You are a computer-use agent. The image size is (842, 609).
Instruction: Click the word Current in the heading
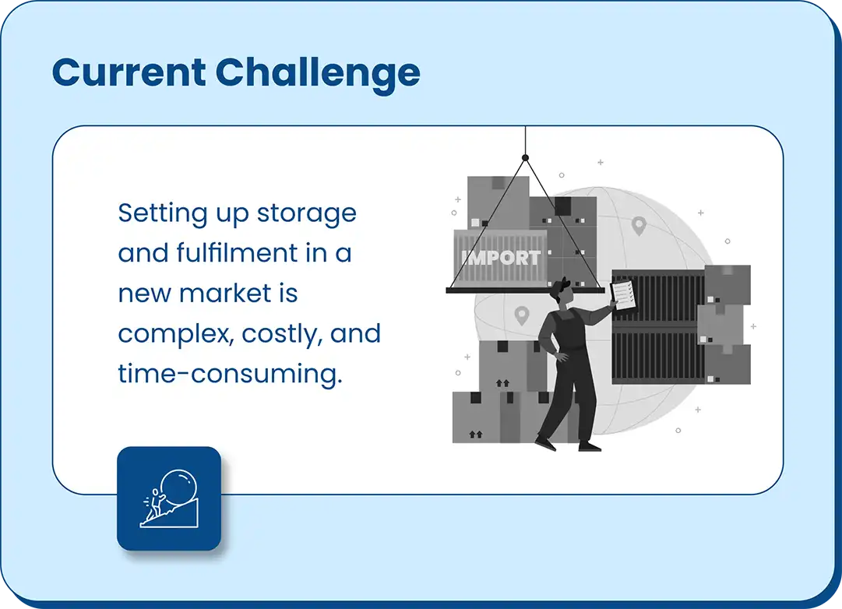(x=129, y=72)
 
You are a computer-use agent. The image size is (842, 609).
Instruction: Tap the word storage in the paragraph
(x=307, y=214)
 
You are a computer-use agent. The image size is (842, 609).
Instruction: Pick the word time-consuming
(x=230, y=374)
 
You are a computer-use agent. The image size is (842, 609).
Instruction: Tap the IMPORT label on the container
(x=501, y=259)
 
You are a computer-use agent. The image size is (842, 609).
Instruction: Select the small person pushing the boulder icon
(x=156, y=504)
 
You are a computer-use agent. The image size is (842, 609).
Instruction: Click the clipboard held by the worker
(x=623, y=295)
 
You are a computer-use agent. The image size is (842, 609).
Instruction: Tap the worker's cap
(x=558, y=287)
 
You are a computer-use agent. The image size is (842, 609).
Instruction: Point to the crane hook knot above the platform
(x=525, y=157)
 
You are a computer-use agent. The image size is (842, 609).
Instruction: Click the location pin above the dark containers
(x=639, y=226)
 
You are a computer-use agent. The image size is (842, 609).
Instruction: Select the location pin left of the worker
(x=521, y=315)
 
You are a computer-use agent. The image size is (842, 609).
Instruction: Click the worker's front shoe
(x=589, y=446)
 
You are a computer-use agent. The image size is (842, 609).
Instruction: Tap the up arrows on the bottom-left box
(x=475, y=434)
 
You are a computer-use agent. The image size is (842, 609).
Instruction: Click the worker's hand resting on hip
(x=561, y=356)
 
